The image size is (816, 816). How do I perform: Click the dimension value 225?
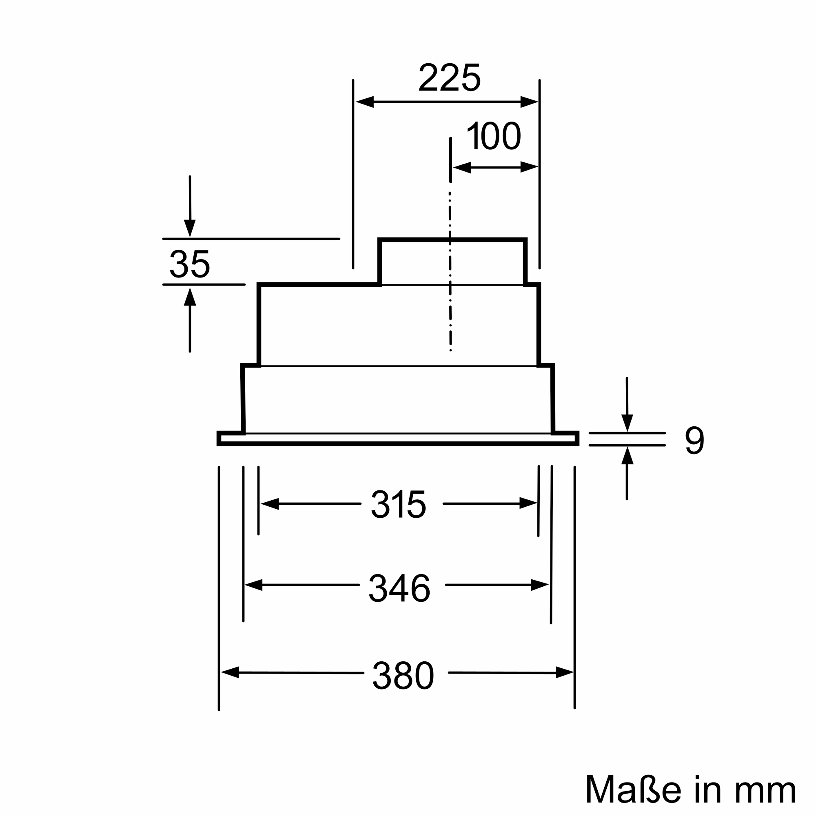[x=449, y=77]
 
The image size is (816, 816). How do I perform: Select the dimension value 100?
[x=494, y=135]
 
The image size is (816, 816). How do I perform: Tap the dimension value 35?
[x=190, y=264]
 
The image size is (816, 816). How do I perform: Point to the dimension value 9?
[x=694, y=441]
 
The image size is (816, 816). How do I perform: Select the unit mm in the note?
[x=765, y=793]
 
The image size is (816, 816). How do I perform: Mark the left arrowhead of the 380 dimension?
[x=230, y=672]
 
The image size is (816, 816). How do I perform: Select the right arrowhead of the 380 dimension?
[x=565, y=672]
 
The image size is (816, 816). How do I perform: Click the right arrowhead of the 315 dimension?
[x=528, y=503]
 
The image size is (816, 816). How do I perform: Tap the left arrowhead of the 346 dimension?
[x=254, y=585]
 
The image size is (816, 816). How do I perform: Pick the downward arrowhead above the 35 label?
[x=190, y=228]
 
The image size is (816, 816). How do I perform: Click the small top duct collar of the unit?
[x=452, y=262]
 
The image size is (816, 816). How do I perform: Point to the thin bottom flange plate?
[x=398, y=439]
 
